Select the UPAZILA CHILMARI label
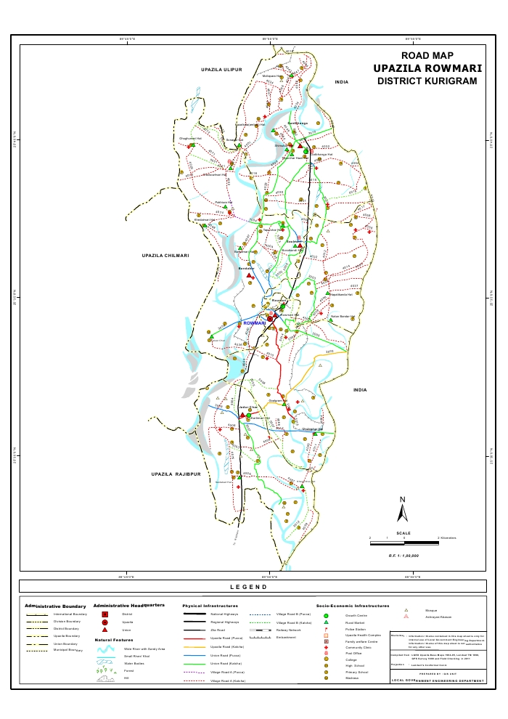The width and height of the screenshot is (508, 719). tap(165, 256)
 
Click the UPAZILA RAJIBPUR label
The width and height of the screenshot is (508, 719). tap(176, 474)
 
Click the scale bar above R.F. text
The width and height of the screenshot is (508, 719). tap(403, 540)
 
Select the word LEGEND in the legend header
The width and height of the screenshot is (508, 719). tap(249, 587)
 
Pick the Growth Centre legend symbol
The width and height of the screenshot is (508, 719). tap(327, 616)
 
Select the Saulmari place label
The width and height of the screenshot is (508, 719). tap(292, 241)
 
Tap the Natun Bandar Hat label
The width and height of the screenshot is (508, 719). tap(343, 316)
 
